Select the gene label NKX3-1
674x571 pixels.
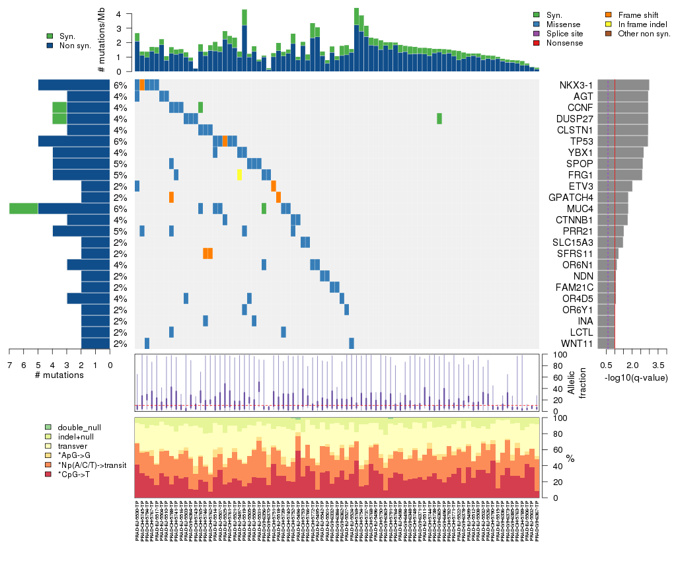pyautogui.click(x=576, y=85)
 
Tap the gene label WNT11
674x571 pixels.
pyautogui.click(x=574, y=344)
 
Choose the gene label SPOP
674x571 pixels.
pyautogui.click(x=574, y=164)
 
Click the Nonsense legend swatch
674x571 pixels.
pyautogui.click(x=537, y=43)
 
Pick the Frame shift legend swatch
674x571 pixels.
pyautogui.click(x=609, y=15)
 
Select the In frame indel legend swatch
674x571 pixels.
pyautogui.click(x=609, y=24)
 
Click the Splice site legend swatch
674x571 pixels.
pyautogui.click(x=537, y=34)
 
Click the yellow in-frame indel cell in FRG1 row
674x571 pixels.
pyautogui.click(x=239, y=175)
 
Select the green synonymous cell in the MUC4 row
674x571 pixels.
pyautogui.click(x=264, y=209)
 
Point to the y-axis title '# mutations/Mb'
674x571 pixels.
pyautogui.click(x=101, y=42)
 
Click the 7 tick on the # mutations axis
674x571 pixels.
pyautogui.click(x=9, y=364)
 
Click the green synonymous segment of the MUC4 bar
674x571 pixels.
pyautogui.click(x=24, y=209)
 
